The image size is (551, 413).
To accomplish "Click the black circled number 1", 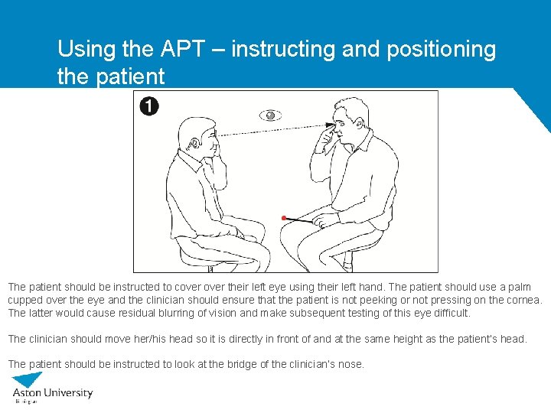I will tap(149, 106).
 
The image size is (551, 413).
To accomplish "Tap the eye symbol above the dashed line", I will tap(269, 115).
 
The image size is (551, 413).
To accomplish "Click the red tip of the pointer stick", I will tap(284, 218).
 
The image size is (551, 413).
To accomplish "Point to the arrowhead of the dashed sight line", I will tap(331, 124).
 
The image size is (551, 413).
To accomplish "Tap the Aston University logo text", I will tap(53, 393).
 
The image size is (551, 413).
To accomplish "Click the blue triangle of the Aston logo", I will tap(28, 379).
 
